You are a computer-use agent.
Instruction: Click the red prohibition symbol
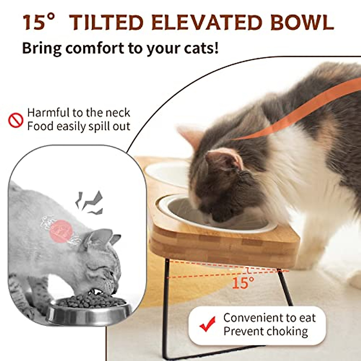(16, 120)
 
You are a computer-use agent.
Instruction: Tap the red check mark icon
(208, 324)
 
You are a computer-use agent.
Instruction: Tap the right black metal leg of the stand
(284, 286)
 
